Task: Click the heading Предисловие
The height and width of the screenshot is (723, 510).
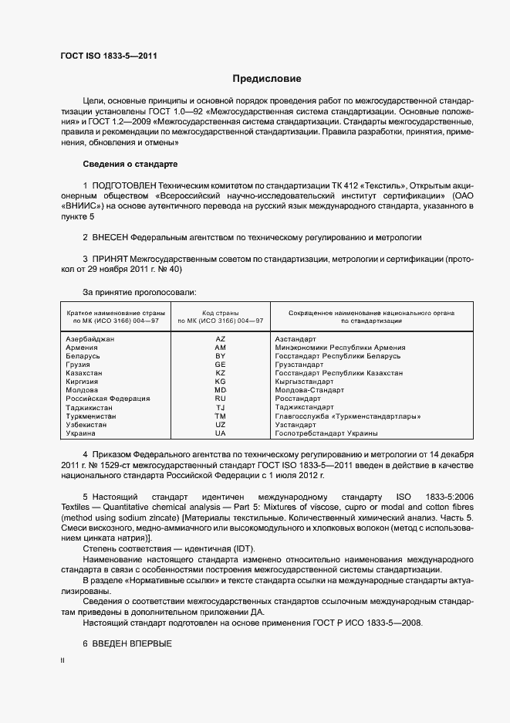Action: tap(267, 79)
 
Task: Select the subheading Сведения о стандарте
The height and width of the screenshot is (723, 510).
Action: tap(130, 165)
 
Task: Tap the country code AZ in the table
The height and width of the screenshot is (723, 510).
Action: tap(221, 339)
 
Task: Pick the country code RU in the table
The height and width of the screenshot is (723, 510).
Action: tap(221, 399)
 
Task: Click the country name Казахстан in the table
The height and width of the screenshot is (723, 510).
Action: tap(85, 373)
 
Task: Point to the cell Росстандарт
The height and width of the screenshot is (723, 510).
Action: tap(298, 399)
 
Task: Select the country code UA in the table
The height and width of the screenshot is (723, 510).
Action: tap(221, 433)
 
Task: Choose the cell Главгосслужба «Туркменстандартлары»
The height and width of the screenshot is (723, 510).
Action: tap(347, 416)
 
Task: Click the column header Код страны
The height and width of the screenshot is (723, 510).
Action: tap(221, 311)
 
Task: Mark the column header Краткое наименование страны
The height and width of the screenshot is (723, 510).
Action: tap(113, 311)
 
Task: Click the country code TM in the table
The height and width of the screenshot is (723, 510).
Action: tap(221, 416)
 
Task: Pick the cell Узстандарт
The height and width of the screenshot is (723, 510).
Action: tap(296, 425)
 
